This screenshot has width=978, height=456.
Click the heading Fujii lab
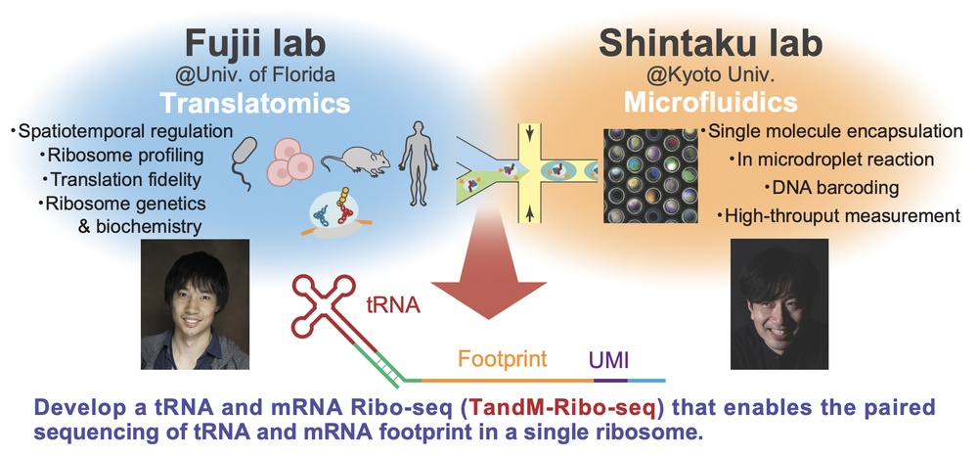coord(254,44)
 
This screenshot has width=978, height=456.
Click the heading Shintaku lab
coord(710,44)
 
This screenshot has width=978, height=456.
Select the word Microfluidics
coord(710,103)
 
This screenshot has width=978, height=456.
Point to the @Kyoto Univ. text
coord(710,75)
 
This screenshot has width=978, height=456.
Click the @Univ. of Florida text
coord(254,75)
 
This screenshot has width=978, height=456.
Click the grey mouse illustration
coord(355,160)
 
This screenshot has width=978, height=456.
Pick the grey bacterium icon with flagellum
coord(244,163)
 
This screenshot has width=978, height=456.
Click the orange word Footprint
coord(502,359)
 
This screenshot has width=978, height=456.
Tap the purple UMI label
coord(608,360)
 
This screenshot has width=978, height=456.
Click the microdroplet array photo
coord(650,175)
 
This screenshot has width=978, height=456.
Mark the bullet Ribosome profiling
coord(117,156)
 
